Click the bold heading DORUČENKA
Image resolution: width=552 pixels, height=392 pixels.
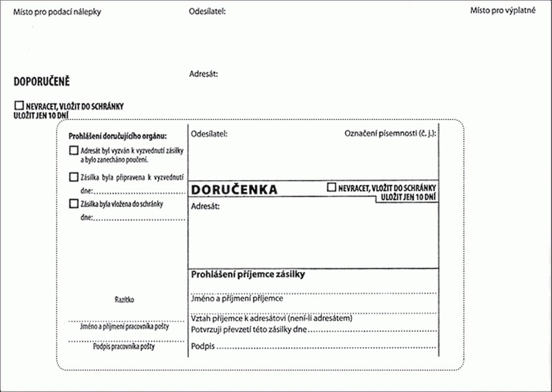pos(234,190)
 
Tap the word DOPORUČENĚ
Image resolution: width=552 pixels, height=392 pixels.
pos(42,81)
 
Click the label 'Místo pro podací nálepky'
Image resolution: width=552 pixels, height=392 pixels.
pos(57,12)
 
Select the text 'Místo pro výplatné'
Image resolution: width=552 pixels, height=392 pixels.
pos(503,11)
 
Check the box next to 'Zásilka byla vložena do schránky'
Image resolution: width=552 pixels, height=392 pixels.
pos(74,204)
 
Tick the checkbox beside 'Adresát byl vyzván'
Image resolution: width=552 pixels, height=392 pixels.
pos(74,150)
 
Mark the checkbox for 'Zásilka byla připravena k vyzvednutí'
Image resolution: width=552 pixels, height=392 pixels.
pos(74,177)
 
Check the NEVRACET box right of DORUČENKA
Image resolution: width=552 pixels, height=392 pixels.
pos(332,187)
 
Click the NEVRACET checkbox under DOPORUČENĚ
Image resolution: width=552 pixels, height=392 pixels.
pos(19,106)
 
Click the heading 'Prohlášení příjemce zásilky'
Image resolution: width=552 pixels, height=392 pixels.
pos(248,274)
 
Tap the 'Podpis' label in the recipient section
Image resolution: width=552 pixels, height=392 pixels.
pos(202,346)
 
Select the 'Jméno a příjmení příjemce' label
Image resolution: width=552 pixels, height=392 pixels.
pos(237,299)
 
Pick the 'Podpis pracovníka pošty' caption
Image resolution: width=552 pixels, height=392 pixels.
pos(124,346)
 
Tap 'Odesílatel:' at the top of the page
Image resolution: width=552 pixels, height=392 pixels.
pos(207,12)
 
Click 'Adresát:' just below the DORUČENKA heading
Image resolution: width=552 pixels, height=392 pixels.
pos(205,206)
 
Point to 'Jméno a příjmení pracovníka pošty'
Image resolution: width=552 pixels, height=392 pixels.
pos(125,326)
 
